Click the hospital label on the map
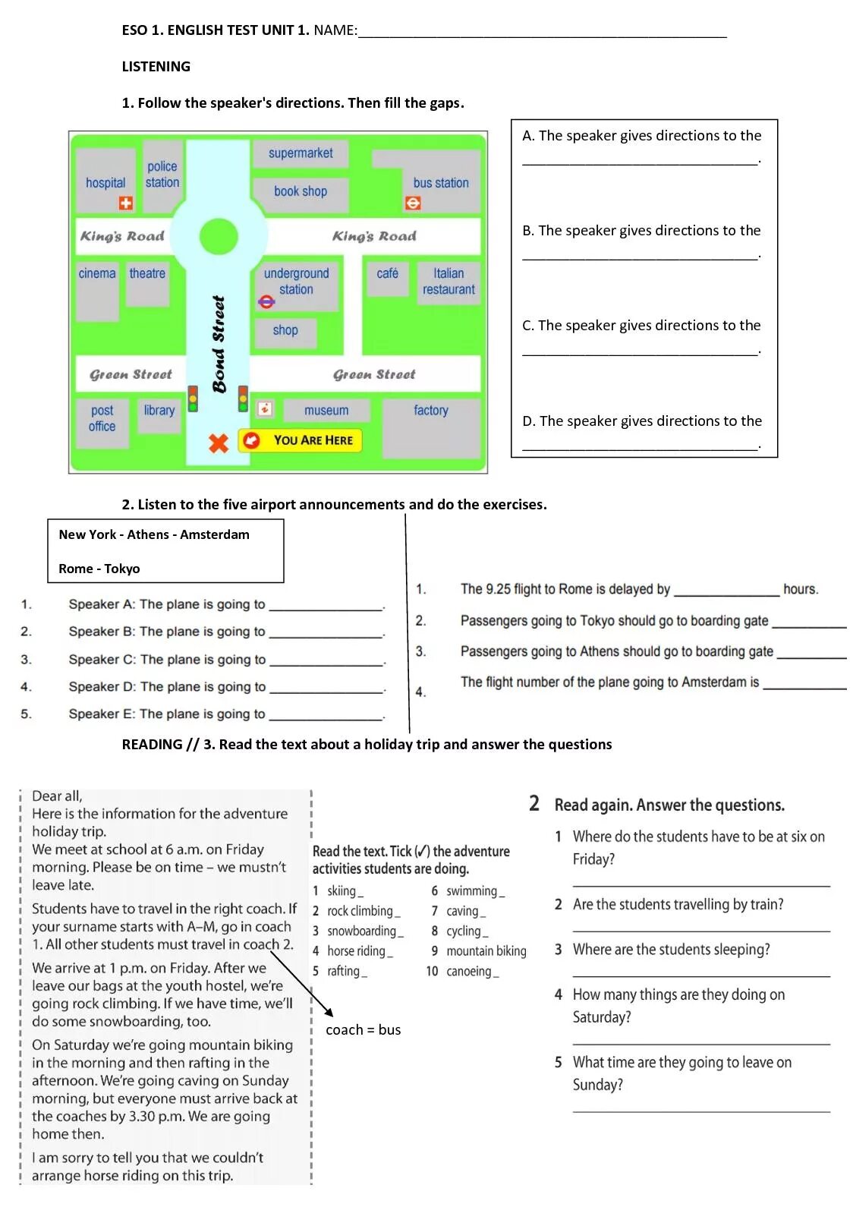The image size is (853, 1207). click(x=105, y=183)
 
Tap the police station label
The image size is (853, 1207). click(x=162, y=175)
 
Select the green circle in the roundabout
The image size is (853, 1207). click(x=219, y=237)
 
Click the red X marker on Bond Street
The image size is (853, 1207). click(x=219, y=443)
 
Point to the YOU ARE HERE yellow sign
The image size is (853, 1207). click(x=301, y=440)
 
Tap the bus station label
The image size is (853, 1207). click(x=441, y=183)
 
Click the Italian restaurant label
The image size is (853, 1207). click(x=449, y=282)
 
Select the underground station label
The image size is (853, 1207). click(x=296, y=282)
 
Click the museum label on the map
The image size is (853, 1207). click(x=326, y=411)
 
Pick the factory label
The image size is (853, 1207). click(x=431, y=411)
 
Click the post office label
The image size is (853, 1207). click(x=102, y=418)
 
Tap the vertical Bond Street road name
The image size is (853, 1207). click(x=219, y=344)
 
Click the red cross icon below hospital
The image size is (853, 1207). click(x=126, y=203)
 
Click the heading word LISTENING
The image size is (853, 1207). click(x=156, y=67)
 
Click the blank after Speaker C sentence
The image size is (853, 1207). click(x=326, y=662)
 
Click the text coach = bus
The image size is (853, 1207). click(x=363, y=1030)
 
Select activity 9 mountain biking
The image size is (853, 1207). click(x=479, y=951)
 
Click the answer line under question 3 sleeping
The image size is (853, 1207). click(x=701, y=975)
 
